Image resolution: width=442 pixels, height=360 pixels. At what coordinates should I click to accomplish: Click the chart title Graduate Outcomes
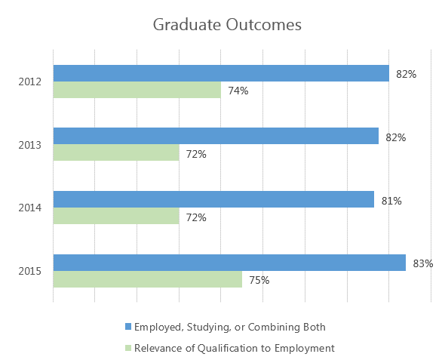coord(227,25)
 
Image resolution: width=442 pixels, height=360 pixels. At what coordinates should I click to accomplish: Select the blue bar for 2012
coord(221,73)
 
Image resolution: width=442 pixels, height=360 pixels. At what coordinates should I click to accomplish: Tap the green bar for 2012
coord(137,91)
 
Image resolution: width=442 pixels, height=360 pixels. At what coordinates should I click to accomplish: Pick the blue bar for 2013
coord(216,136)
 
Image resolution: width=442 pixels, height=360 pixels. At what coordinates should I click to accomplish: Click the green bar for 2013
coord(116,153)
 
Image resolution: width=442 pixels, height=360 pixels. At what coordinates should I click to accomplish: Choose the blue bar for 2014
coord(213,199)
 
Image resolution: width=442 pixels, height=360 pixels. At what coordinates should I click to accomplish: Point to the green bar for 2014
coord(116,217)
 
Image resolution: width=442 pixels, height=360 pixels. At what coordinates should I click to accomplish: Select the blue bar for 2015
coord(229,262)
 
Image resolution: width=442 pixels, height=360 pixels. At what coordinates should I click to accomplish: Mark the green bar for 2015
coord(147,279)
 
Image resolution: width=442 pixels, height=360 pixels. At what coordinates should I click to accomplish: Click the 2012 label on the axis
coord(30,82)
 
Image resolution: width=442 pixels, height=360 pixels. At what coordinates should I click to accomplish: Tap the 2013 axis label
coord(30,145)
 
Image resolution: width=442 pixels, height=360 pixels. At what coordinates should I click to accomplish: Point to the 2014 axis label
coord(30,208)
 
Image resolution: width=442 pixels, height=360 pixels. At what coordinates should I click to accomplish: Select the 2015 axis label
coord(30,271)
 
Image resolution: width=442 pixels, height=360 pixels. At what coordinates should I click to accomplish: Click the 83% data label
coord(423,263)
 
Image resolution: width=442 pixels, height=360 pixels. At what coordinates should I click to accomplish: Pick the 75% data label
coord(259,280)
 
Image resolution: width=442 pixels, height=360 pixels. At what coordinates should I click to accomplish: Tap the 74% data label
coord(238,91)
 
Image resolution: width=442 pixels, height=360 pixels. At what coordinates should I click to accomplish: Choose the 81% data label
coord(391,201)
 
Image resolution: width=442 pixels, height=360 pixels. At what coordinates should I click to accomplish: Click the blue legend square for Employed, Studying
coord(128,327)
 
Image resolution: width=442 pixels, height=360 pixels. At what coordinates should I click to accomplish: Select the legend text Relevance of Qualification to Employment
coord(234,348)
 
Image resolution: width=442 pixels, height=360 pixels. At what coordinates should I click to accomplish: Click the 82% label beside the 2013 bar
coord(396,137)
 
